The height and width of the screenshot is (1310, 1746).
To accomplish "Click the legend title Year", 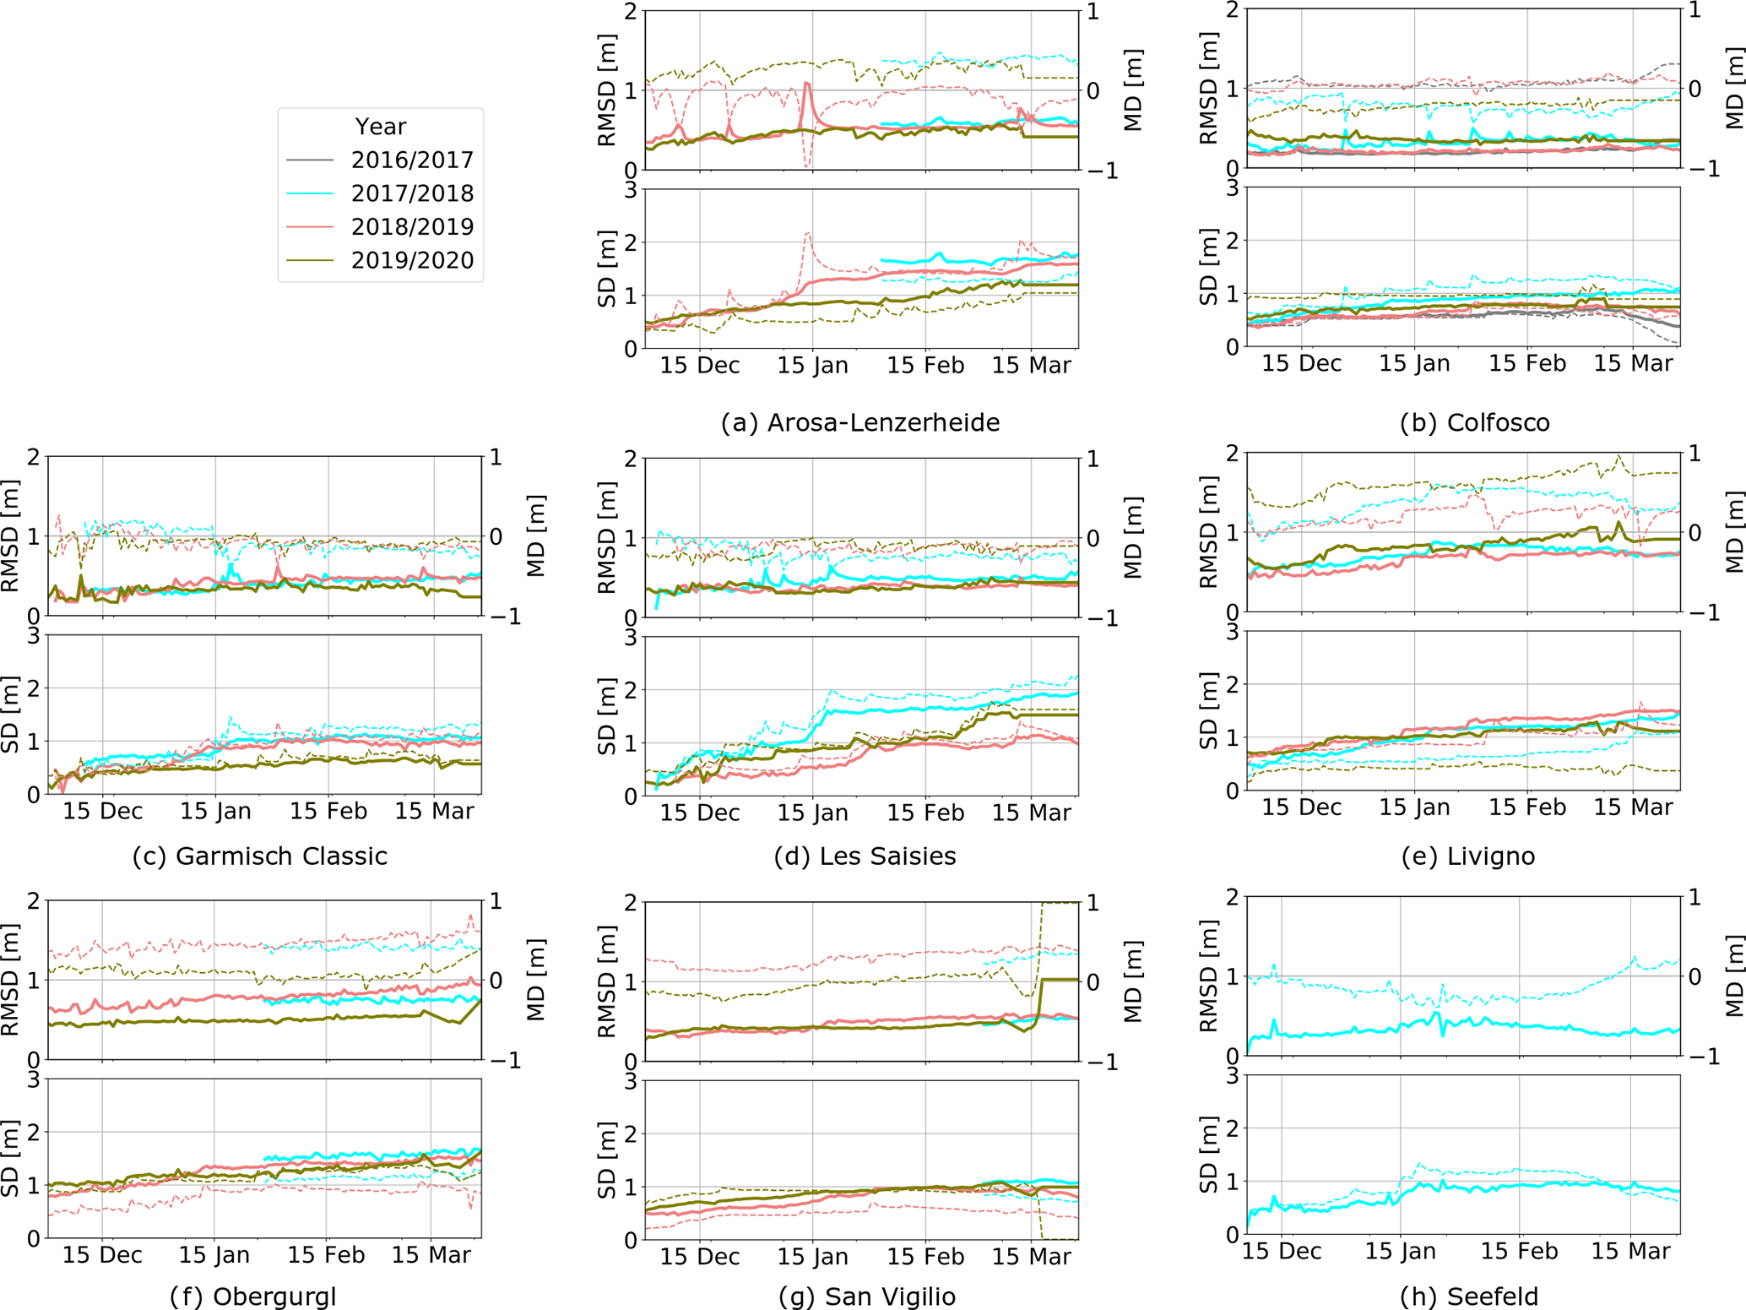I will click(x=380, y=127).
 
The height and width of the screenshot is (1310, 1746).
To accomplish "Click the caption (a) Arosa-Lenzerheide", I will click(x=859, y=422).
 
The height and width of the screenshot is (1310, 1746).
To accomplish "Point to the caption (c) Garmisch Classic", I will click(x=260, y=856).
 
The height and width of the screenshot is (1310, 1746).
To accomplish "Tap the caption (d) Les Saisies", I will click(x=865, y=856).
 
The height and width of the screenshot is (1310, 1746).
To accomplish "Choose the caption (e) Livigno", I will click(x=1467, y=856).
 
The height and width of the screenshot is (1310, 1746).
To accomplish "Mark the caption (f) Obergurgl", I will click(x=253, y=1296).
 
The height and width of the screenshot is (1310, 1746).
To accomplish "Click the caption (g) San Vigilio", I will click(x=865, y=1296).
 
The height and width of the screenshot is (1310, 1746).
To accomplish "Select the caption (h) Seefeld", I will click(x=1468, y=1296).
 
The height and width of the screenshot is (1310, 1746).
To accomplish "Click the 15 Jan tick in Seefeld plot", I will click(x=1400, y=1251).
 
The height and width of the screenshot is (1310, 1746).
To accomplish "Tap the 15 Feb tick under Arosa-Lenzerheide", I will click(x=925, y=365).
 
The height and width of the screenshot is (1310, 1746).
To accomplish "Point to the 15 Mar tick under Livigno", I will click(x=1633, y=807).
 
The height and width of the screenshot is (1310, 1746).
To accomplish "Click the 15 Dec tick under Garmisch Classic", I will click(x=103, y=811).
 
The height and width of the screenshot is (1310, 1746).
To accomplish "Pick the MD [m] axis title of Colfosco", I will click(x=1734, y=89).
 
